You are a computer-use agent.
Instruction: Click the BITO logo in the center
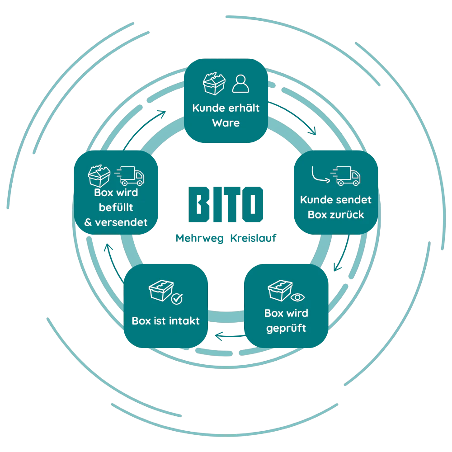pyautogui.click(x=226, y=204)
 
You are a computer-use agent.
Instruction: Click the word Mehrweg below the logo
pyautogui.click(x=199, y=238)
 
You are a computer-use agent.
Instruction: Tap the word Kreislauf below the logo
pyautogui.click(x=254, y=238)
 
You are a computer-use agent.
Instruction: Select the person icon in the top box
pyautogui.click(x=241, y=84)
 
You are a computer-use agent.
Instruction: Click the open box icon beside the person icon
pyautogui.click(x=214, y=84)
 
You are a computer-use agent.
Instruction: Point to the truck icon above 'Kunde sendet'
pyautogui.click(x=345, y=176)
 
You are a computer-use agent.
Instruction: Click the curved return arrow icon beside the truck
pyautogui.click(x=320, y=175)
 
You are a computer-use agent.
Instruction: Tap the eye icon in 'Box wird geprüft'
pyautogui.click(x=297, y=297)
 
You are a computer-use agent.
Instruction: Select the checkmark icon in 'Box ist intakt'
pyautogui.click(x=177, y=299)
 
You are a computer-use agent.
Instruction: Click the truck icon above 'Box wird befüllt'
pyautogui.click(x=129, y=176)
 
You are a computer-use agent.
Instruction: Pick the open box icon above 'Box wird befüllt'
pyautogui.click(x=99, y=176)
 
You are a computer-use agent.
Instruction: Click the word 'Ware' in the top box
pyautogui.click(x=226, y=123)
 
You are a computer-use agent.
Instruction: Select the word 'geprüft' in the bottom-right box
pyautogui.click(x=286, y=328)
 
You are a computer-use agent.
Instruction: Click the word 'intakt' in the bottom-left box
pyautogui.click(x=184, y=320)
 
